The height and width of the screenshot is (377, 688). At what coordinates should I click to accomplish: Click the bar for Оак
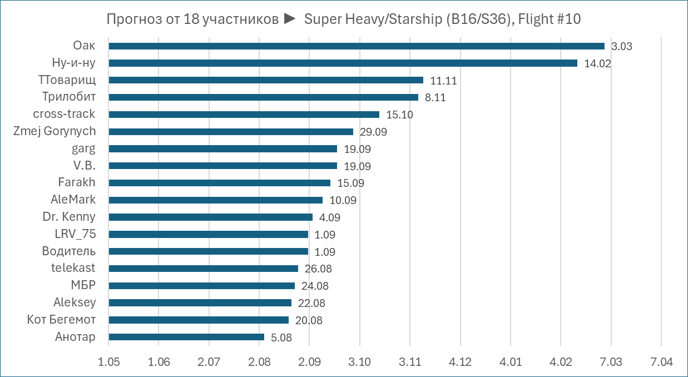356,46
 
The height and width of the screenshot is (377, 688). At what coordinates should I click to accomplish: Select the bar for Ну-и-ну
343,63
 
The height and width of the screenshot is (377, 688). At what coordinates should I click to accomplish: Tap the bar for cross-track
244,115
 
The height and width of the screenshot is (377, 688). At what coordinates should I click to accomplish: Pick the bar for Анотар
186,337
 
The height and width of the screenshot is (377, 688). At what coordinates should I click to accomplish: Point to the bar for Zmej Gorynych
231,132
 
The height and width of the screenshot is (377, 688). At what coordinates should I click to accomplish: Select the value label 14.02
598,63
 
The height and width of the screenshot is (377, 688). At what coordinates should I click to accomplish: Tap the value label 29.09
373,132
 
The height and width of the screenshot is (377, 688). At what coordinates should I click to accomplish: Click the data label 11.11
443,81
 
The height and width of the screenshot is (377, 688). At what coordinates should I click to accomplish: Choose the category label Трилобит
69,97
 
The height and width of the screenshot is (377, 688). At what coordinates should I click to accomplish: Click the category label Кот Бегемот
61,320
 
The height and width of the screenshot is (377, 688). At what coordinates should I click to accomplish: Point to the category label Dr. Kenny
69,217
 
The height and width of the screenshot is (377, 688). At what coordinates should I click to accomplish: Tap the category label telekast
73,268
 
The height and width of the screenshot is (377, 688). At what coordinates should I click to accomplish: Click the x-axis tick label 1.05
109,362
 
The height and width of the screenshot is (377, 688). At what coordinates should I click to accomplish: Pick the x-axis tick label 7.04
661,362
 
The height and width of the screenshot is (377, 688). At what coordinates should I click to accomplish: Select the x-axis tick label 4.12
460,362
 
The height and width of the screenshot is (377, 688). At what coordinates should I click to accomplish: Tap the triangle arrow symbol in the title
289,19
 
